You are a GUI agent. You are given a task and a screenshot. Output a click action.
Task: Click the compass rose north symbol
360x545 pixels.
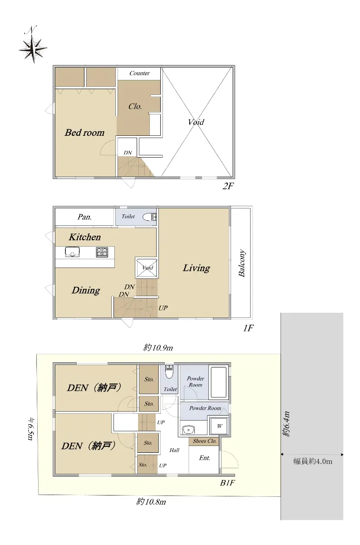coord(33,45)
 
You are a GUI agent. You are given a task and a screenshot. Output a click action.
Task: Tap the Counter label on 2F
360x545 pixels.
coord(139,73)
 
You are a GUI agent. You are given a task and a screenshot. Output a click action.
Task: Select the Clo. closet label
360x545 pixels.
coord(135,106)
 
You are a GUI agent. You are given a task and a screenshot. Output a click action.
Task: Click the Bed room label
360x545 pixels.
coord(84,133)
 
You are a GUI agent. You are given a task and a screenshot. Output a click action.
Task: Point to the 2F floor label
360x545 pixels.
coord(228,186)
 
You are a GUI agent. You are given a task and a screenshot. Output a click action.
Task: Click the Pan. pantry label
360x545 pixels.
coord(84,217)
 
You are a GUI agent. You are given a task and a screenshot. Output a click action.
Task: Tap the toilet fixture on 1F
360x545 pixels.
coord(149,217)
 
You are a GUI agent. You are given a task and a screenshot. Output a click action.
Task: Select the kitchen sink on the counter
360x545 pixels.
coord(72,252)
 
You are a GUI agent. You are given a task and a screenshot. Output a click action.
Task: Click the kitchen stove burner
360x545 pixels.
coord(102,252)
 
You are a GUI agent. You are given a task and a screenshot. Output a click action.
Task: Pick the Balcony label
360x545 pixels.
coord(242,263)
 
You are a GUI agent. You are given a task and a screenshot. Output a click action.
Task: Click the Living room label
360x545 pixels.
coord(196,268)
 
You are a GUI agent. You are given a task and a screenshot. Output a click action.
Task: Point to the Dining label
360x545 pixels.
coord(86,290)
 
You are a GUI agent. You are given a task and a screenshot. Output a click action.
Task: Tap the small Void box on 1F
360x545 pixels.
coord(147,268)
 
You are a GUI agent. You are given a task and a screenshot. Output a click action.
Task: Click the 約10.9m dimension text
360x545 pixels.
coord(158,348)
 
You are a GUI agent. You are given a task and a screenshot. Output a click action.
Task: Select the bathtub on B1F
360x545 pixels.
coord(219,382)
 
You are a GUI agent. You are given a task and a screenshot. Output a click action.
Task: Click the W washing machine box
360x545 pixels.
coord(219,426)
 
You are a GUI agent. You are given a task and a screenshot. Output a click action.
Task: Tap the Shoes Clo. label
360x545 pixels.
coord(205,441)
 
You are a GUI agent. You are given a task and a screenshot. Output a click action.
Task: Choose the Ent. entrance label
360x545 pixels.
coord(205,458)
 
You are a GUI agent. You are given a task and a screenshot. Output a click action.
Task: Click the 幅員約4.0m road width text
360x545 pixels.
coord(313,461)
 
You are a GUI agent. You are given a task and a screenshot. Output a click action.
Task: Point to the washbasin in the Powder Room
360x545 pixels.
coord(188,430)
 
